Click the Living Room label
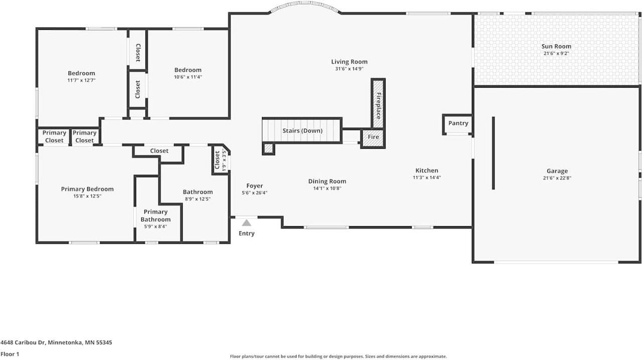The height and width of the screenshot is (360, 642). click(x=349, y=62)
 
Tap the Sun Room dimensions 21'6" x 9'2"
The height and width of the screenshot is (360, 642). click(x=556, y=53)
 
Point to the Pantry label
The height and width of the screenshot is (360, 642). click(x=458, y=123)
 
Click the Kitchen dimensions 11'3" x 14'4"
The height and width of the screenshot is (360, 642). click(x=426, y=177)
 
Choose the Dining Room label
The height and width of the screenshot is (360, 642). click(x=327, y=182)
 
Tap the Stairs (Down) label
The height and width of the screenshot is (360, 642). click(x=302, y=131)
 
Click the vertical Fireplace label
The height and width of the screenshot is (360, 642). click(x=379, y=106)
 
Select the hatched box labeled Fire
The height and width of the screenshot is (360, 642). click(x=374, y=137)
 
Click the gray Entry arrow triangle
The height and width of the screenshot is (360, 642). click(x=246, y=223)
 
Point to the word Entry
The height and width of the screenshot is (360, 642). click(x=246, y=234)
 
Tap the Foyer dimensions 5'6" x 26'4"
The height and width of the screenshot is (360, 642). click(x=254, y=193)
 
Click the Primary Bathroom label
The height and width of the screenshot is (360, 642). click(x=155, y=216)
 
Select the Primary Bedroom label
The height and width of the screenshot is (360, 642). click(x=87, y=189)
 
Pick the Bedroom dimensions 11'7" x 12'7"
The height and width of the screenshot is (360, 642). click(x=81, y=80)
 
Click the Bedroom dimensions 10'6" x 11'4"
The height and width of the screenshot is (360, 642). click(x=188, y=77)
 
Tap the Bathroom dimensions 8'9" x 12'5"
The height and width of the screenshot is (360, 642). click(x=198, y=199)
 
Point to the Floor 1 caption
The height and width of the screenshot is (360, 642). click(x=10, y=354)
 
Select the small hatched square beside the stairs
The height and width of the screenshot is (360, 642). click(x=269, y=148)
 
